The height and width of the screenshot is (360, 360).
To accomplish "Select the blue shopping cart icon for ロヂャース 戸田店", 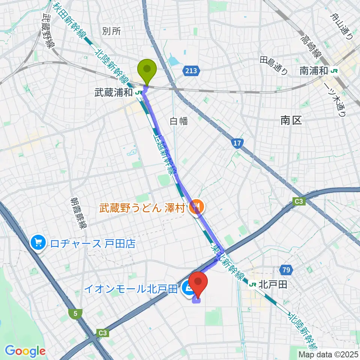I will (x=38, y=243).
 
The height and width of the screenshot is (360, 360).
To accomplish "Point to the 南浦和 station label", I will (x=313, y=70).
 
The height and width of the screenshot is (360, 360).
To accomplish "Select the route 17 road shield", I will (x=237, y=143).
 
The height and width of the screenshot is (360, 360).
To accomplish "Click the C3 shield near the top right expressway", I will (x=299, y=202).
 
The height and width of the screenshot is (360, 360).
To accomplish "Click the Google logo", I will (x=25, y=351).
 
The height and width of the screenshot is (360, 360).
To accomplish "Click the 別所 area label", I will (x=111, y=31).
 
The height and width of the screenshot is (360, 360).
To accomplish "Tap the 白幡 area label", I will (x=178, y=121).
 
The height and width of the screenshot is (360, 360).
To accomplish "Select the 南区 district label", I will (x=291, y=120).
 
